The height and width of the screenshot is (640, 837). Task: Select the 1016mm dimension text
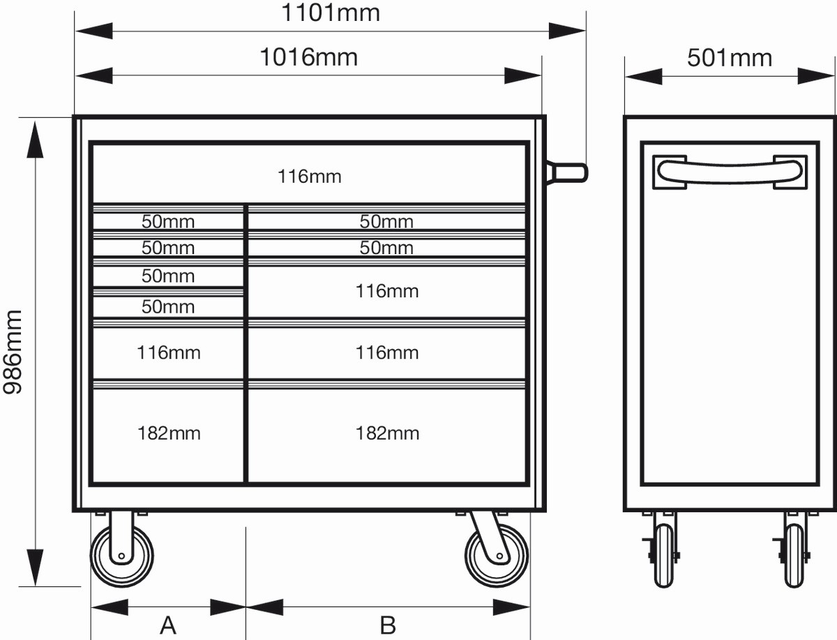308,57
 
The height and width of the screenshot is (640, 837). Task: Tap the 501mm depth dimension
730,57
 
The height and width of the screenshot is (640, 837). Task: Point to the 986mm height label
14,352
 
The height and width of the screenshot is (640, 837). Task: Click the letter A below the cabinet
168,625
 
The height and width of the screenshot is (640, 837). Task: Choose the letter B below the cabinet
388,625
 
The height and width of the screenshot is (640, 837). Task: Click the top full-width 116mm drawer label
310,177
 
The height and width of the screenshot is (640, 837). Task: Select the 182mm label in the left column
169,433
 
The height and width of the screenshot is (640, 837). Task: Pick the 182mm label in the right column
387,433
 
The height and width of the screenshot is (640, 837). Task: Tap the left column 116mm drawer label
169,352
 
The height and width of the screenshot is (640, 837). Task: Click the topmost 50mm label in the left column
168,222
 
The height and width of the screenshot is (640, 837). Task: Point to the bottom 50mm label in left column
168,306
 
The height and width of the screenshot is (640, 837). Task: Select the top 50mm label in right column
386,222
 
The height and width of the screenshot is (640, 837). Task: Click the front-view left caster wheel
122,556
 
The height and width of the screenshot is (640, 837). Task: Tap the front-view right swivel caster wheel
497,556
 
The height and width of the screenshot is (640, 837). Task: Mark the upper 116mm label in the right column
387,291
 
